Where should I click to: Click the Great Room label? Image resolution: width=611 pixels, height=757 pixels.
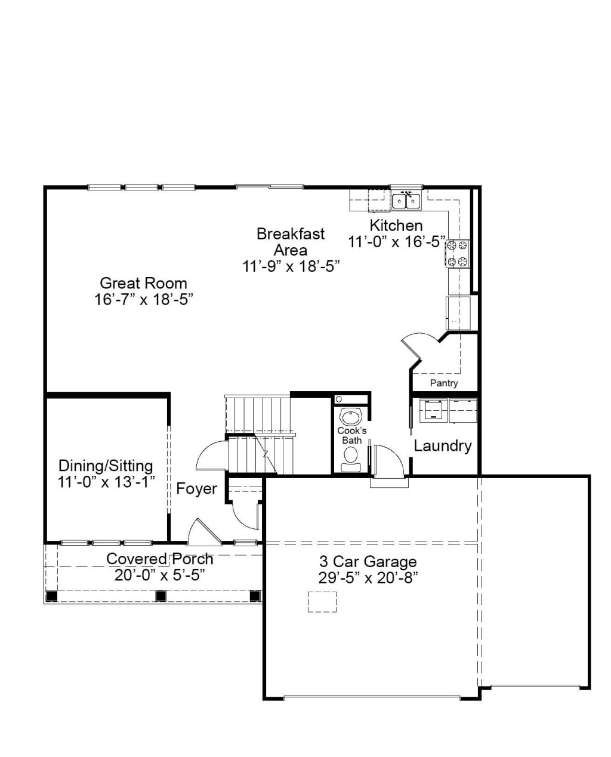pyautogui.click(x=143, y=283)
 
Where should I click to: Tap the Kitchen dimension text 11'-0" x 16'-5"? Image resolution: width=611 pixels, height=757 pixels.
pyautogui.click(x=396, y=242)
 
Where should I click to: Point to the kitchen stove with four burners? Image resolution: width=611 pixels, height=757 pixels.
pyautogui.click(x=457, y=253)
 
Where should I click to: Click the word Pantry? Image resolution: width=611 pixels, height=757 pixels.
pyautogui.click(x=444, y=383)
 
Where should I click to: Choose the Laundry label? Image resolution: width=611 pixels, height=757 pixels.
pyautogui.click(x=443, y=446)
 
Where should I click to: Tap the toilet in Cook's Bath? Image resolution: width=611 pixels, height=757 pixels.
pyautogui.click(x=351, y=459)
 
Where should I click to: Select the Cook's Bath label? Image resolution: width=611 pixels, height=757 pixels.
pyautogui.click(x=351, y=435)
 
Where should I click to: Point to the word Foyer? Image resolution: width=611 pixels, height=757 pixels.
pyautogui.click(x=196, y=489)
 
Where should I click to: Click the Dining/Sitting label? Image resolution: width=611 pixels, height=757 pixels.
pyautogui.click(x=106, y=466)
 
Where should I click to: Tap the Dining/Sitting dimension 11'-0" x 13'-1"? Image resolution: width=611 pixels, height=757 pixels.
pyautogui.click(x=106, y=482)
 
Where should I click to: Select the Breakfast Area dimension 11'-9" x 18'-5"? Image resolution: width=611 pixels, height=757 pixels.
pyautogui.click(x=291, y=266)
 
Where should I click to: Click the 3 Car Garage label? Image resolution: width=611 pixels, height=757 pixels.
pyautogui.click(x=368, y=562)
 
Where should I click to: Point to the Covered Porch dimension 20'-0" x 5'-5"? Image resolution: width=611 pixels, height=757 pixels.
pyautogui.click(x=160, y=575)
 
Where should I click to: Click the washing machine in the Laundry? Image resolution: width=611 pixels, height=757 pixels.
pyautogui.click(x=433, y=411)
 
